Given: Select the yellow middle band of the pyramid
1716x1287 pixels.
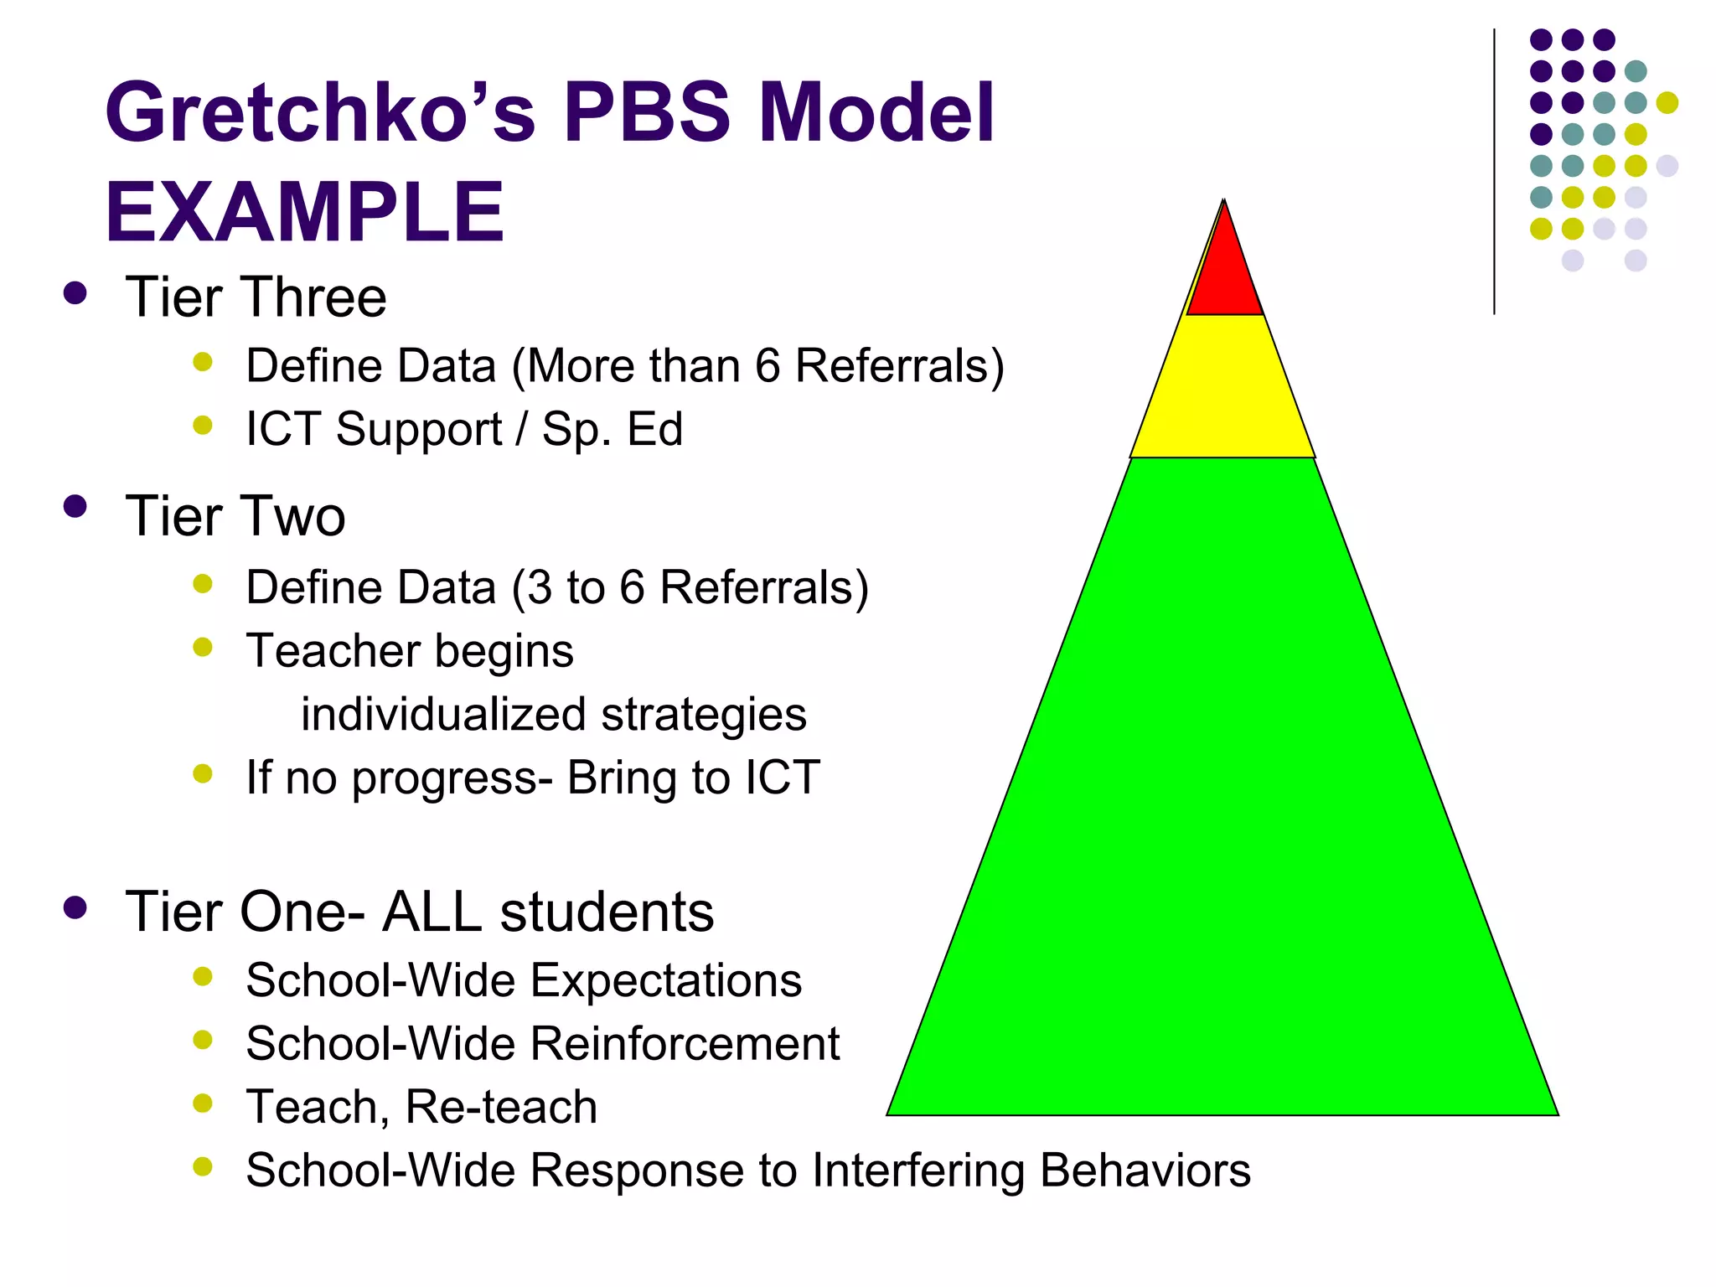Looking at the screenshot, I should [1223, 390].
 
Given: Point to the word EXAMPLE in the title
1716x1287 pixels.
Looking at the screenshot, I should [305, 213].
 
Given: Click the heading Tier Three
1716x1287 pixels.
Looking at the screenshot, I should [256, 297].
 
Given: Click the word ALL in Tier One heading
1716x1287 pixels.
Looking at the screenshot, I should [432, 912].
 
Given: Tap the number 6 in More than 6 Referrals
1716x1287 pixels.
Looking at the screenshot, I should [768, 366].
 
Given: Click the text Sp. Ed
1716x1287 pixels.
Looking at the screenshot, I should [612, 429].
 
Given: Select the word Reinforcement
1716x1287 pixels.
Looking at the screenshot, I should [685, 1044].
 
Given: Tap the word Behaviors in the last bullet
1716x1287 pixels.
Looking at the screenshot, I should [1145, 1171].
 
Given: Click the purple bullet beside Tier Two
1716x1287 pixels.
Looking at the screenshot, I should [75, 507].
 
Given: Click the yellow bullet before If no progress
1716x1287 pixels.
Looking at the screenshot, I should [203, 773].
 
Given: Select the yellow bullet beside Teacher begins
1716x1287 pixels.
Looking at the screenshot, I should [203, 647].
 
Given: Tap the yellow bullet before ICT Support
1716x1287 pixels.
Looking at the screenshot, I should [203, 425].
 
